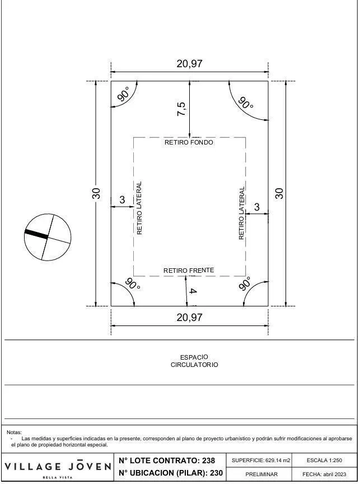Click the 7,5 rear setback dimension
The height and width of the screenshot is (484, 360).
181,109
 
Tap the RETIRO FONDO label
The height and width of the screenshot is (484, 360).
189,142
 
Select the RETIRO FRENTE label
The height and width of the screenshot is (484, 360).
189,271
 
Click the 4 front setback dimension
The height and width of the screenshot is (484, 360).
192,291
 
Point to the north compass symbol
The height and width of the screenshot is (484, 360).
48,237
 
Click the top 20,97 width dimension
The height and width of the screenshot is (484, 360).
189,64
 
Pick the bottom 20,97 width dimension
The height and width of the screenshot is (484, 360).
189,317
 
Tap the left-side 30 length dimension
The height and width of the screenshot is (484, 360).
96,193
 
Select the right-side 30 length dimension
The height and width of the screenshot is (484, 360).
279,193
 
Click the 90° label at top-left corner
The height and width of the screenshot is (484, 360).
123,94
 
